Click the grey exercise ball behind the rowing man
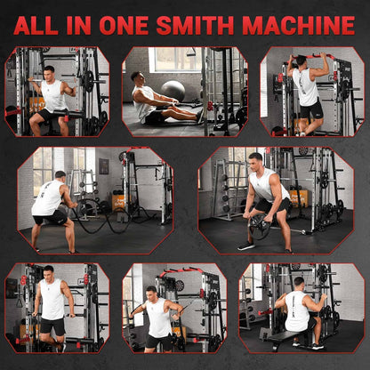click(x=173, y=89)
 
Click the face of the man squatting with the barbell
click(x=48, y=70)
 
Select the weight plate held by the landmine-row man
click(x=260, y=227)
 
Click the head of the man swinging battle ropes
click(x=60, y=176)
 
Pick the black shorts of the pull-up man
click(x=310, y=110)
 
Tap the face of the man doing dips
click(x=48, y=270)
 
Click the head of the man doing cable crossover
click(x=150, y=292)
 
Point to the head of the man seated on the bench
click(x=298, y=282)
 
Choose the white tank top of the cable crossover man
click(x=159, y=316)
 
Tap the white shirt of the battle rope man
click(x=49, y=197)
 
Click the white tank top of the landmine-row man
click(x=264, y=186)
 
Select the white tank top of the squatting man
click(x=54, y=94)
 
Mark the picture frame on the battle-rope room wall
click(x=104, y=165)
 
